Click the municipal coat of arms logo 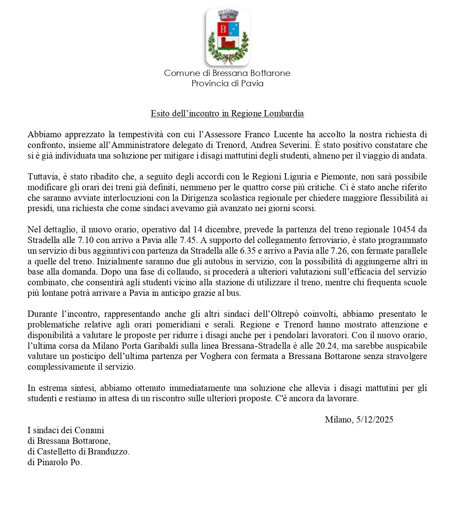click(x=227, y=37)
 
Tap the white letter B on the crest click(x=223, y=28)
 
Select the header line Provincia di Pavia click(x=227, y=83)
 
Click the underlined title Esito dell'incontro click(x=227, y=113)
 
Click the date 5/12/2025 click(x=375, y=420)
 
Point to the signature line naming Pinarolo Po click(x=55, y=462)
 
